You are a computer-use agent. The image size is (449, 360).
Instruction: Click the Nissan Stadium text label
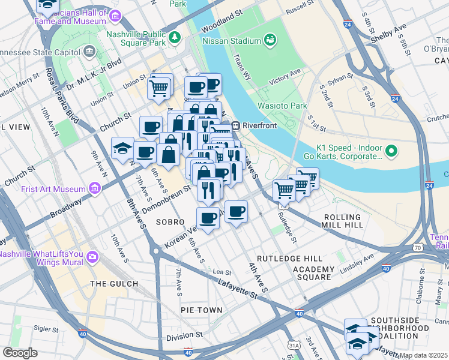231,40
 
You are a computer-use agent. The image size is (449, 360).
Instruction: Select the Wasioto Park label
282,106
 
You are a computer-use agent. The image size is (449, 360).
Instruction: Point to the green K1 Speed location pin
391,151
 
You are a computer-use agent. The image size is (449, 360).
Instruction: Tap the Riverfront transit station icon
237,125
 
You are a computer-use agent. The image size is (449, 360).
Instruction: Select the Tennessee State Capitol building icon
90,51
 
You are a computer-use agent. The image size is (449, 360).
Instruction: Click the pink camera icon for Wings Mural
92,257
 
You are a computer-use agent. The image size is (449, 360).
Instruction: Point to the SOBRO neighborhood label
170,222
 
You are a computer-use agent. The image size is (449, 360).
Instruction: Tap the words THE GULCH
114,283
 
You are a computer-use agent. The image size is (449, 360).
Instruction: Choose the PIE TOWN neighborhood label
202,310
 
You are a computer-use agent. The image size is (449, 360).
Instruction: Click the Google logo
20,353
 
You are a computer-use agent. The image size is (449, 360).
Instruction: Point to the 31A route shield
294,345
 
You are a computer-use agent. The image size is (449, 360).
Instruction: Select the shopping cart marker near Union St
160,88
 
